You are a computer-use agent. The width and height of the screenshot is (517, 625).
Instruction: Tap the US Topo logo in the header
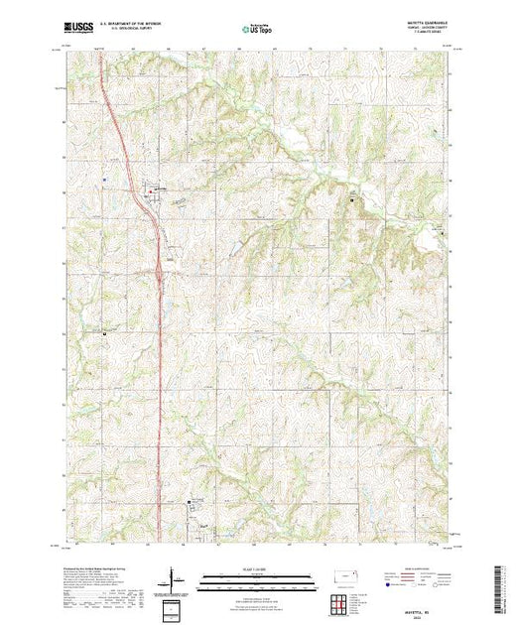tap(258, 31)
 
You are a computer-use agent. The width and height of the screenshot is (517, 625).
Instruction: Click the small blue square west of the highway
tap(103, 179)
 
